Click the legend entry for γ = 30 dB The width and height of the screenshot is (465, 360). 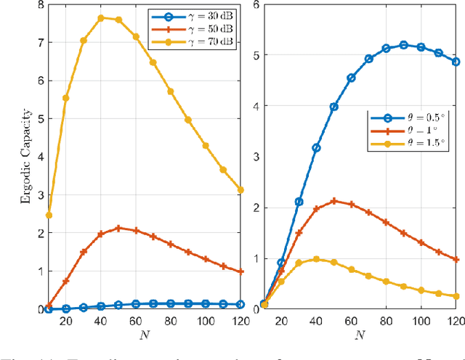tap(192, 15)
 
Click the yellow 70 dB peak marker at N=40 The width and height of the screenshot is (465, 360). tap(100, 17)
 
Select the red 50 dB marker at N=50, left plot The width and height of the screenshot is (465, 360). tap(118, 228)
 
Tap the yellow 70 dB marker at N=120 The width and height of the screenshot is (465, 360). tap(240, 190)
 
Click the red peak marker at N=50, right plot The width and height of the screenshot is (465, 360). tap(333, 200)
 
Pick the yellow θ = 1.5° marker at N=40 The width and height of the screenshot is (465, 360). tap(316, 258)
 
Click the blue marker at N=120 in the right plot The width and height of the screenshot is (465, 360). tap(456, 62)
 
